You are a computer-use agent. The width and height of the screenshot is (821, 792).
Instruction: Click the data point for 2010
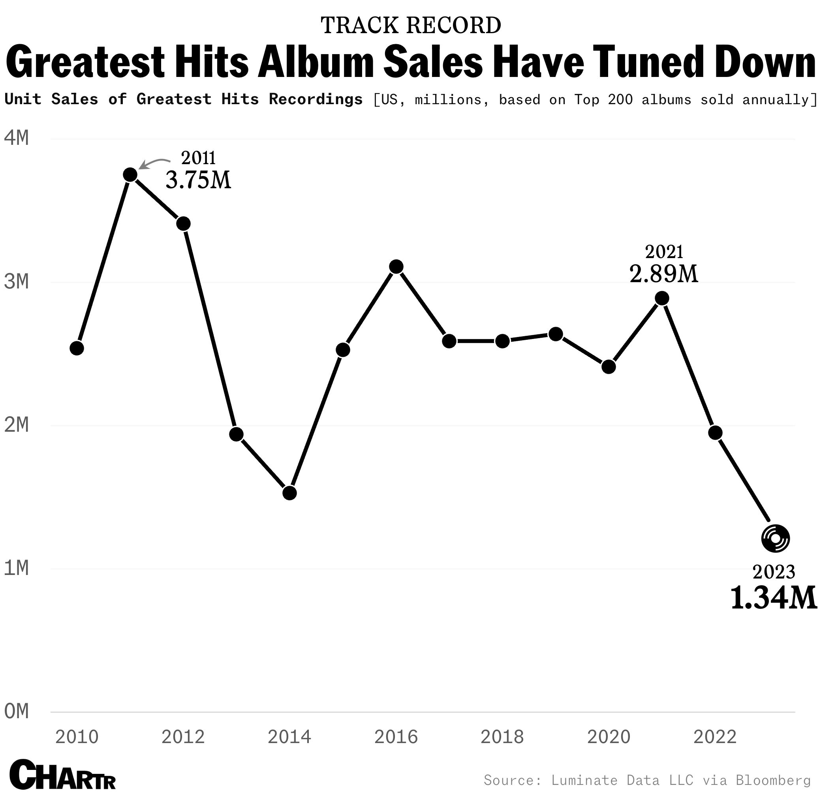tap(77, 348)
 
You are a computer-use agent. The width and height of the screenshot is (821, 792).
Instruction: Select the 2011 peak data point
tap(130, 174)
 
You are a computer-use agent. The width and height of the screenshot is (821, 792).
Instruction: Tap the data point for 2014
tap(289, 493)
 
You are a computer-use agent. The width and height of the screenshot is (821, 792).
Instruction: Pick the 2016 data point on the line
tap(396, 267)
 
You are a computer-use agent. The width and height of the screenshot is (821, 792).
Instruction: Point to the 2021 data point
tap(662, 298)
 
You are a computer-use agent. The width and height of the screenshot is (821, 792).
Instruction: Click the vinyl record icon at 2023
tap(775, 538)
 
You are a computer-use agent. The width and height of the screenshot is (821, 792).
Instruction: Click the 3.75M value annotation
tap(199, 180)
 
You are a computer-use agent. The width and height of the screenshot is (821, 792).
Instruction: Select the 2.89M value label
tap(664, 274)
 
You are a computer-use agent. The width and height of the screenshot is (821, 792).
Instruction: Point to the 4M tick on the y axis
tap(17, 138)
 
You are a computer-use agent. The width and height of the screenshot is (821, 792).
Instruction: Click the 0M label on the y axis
tap(17, 711)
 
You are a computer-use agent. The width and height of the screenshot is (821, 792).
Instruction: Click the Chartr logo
tap(62, 774)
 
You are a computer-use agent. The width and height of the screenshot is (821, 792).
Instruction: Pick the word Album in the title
tap(316, 62)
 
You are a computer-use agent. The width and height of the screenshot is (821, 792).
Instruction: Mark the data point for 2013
tap(236, 434)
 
